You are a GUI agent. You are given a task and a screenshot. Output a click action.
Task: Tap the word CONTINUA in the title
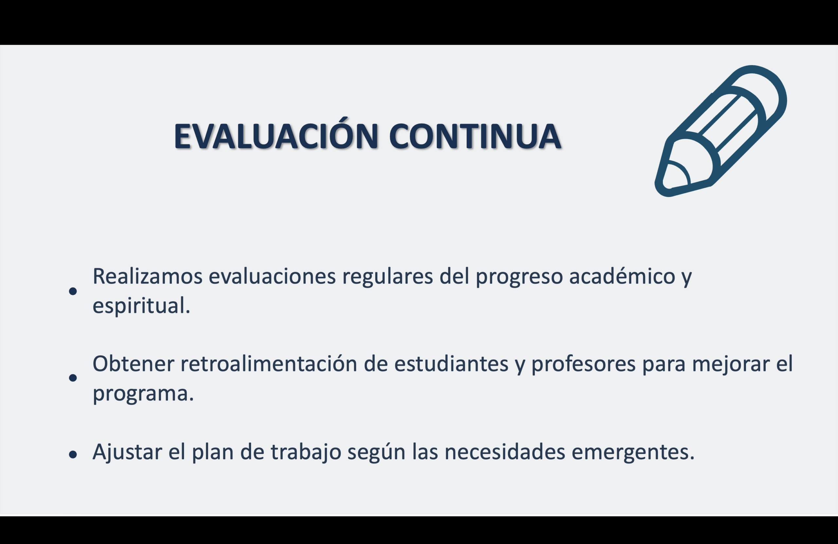[475, 136]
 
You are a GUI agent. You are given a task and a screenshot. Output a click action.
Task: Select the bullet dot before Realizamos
[73, 291]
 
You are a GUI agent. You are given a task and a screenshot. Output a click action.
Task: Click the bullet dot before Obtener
[73, 377]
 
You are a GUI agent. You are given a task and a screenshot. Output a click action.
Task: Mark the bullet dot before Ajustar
[73, 455]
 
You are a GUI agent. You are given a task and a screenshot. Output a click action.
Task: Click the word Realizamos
[147, 276]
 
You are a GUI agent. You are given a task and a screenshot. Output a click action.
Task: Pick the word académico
[622, 276]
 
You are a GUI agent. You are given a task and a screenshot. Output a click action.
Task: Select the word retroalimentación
[269, 364]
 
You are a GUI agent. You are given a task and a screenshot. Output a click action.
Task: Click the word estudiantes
[451, 364]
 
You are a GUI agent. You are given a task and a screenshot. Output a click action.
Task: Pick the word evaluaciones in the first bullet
[272, 276]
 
